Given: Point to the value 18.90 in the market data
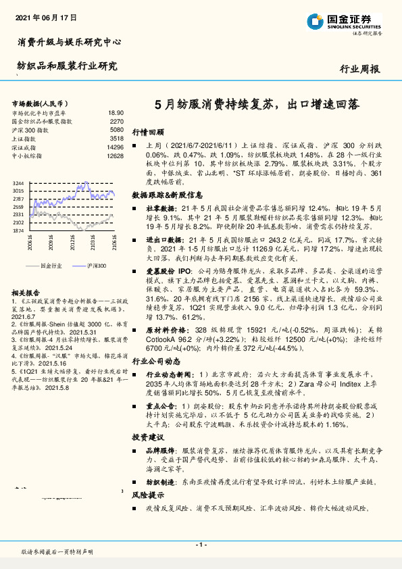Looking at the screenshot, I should point(116,113).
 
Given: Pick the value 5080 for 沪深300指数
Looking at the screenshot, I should point(116,129).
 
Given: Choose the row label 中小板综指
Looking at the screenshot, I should point(26,155).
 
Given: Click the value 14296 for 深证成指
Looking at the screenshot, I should point(115,147).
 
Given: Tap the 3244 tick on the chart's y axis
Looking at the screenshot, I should point(18,184).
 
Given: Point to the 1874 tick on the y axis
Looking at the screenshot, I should point(18,230).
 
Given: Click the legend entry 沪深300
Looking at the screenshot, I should point(97,266).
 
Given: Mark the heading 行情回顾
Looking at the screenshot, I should point(148,133).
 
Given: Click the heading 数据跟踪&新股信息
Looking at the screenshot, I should point(168,195).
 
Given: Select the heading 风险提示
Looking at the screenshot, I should point(148,495).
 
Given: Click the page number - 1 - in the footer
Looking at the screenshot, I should point(200,544).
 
